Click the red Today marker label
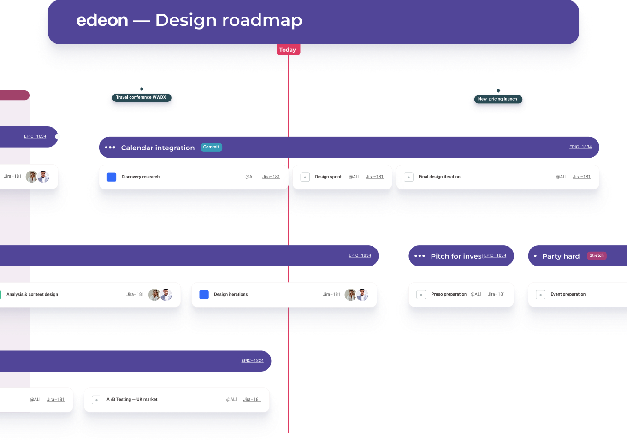288,50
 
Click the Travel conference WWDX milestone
141,97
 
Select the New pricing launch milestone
497,99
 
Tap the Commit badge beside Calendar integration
211,147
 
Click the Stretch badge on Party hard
596,255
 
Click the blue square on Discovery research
112,177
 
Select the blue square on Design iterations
204,295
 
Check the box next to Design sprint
305,177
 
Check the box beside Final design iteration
408,177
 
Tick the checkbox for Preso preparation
421,295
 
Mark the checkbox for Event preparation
540,295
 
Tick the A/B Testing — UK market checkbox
96,400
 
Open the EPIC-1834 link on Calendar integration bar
580,147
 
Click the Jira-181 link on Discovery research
271,177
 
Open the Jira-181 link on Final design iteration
581,177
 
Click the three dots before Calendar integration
110,148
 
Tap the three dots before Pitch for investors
420,256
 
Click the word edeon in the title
102,20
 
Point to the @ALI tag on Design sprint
354,177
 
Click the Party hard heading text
561,256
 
